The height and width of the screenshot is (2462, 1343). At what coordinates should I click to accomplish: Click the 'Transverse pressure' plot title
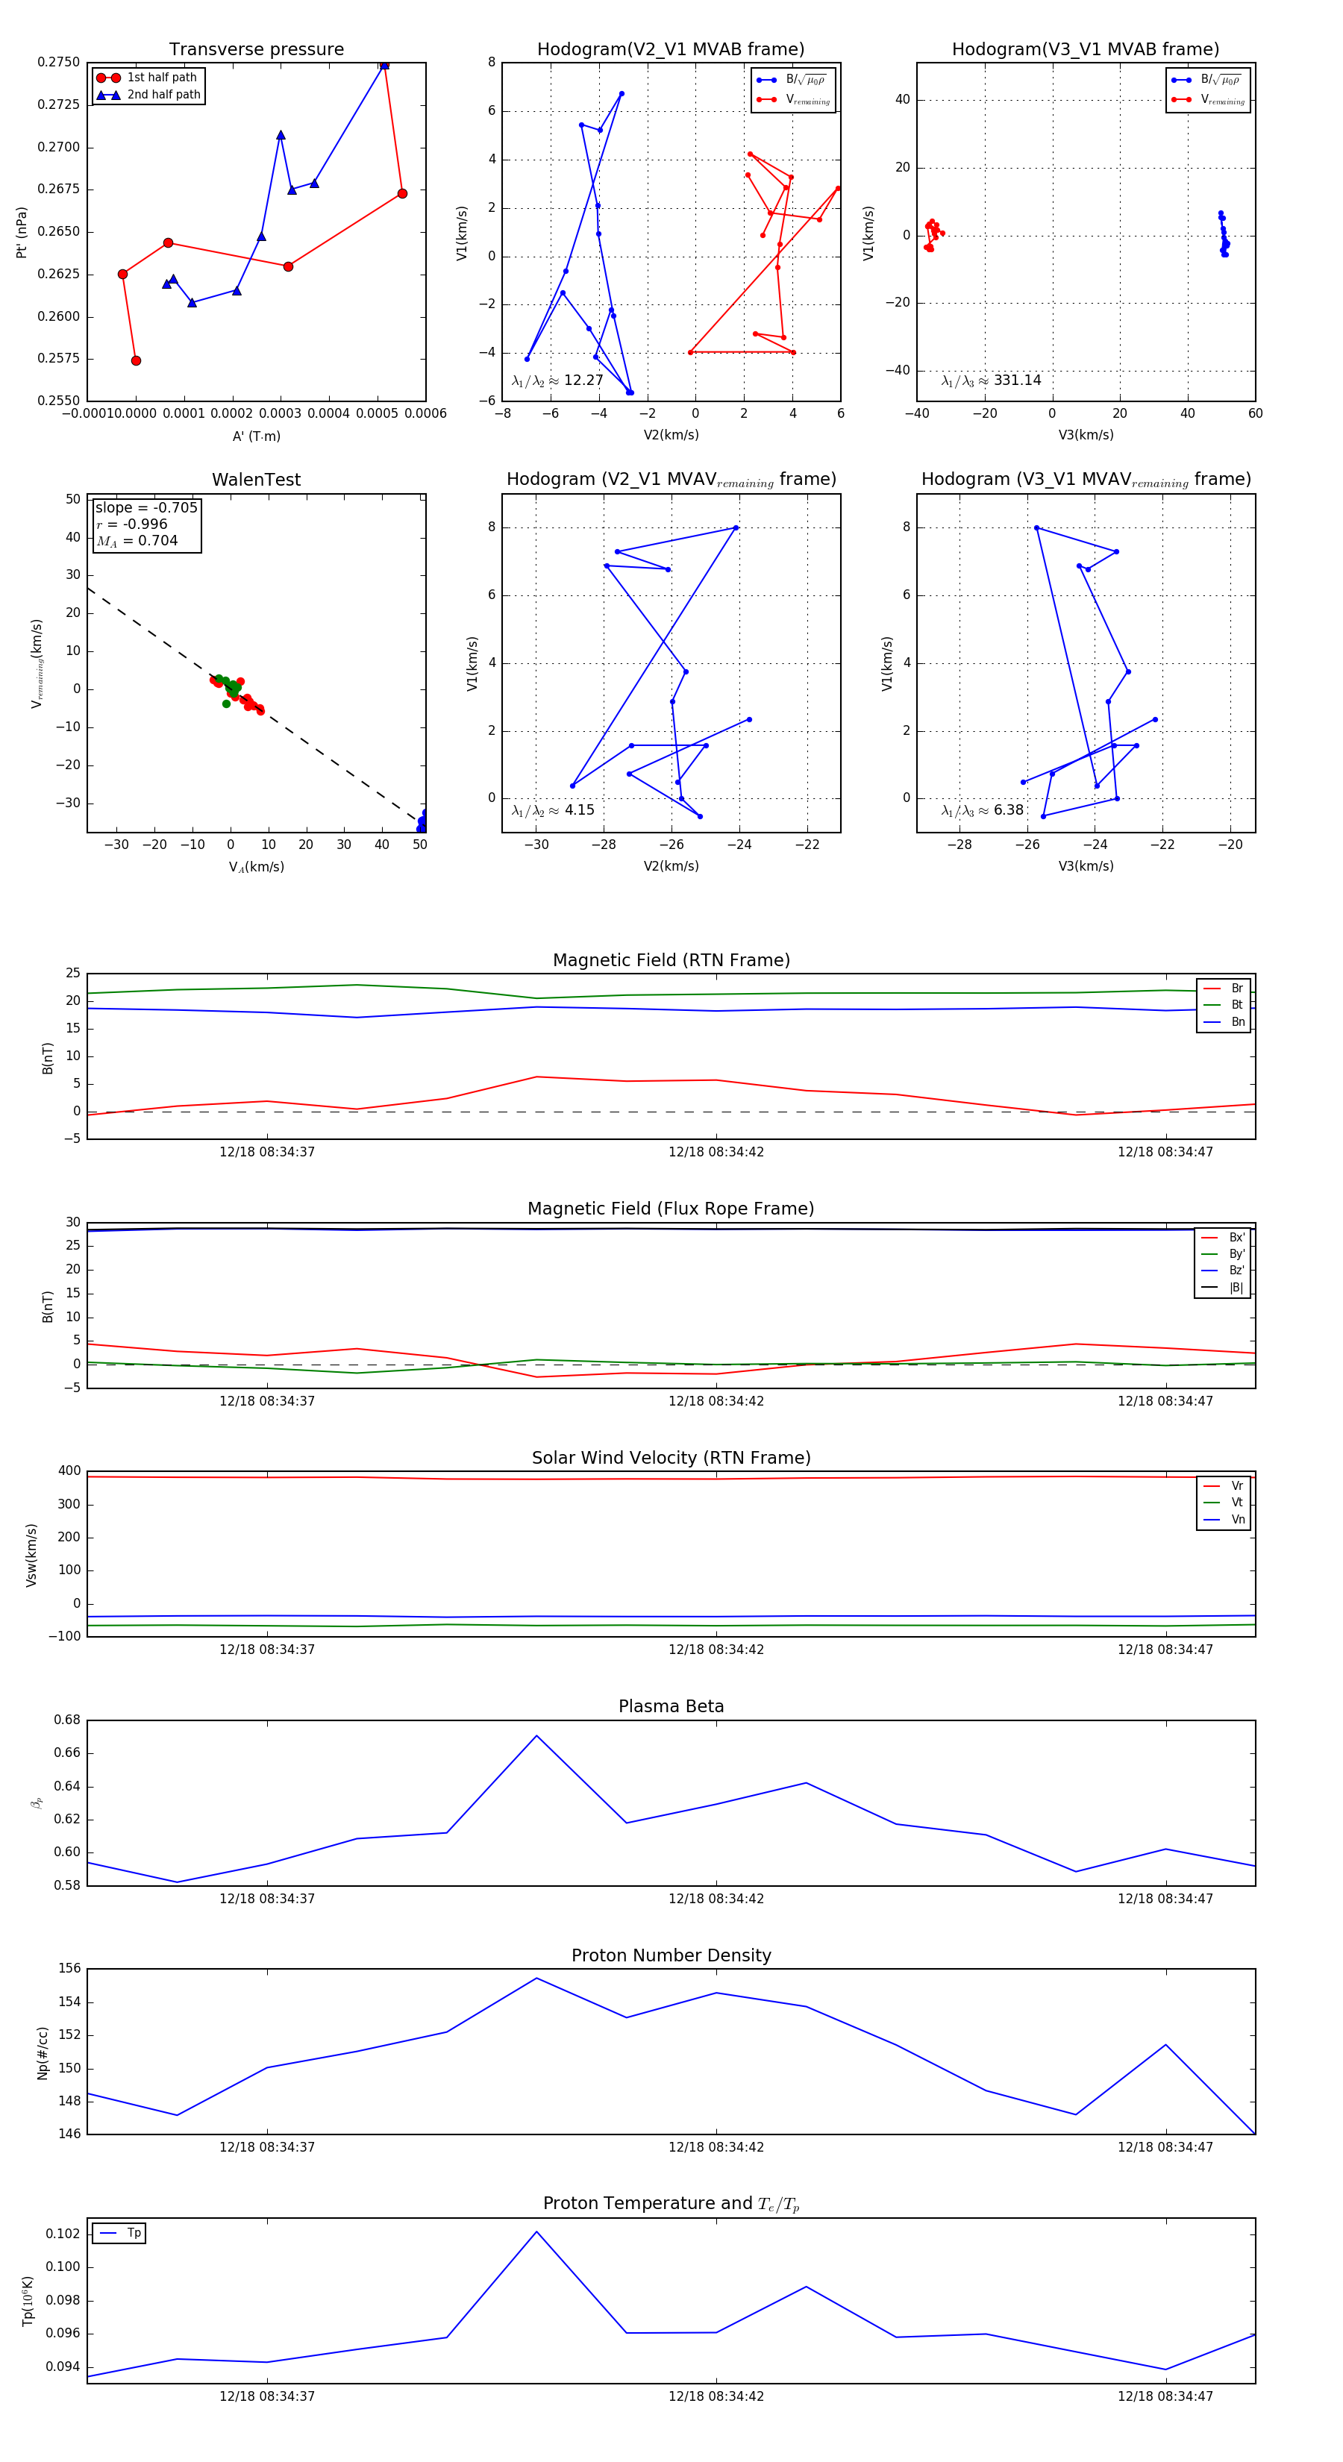[256, 50]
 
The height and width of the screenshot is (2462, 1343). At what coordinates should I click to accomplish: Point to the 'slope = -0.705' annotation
[146, 507]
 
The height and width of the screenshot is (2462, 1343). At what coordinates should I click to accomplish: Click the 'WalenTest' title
[256, 480]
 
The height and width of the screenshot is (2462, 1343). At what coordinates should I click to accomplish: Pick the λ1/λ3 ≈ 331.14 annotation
[992, 380]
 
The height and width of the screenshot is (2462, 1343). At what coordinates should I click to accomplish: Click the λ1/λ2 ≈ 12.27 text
[557, 380]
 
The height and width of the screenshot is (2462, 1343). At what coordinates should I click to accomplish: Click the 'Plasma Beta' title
[671, 1707]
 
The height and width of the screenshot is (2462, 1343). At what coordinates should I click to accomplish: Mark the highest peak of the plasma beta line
[536, 1735]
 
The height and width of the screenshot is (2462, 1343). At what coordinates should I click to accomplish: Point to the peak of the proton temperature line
[536, 2231]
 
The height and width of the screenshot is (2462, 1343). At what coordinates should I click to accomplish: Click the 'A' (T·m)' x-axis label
[256, 436]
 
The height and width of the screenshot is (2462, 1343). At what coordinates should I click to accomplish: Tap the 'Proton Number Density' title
[671, 1955]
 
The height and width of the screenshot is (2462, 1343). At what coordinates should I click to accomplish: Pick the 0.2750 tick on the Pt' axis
[58, 62]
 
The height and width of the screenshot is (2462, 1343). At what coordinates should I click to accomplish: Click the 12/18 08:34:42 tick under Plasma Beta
[716, 1898]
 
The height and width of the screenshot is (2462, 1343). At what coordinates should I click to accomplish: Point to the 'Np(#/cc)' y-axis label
[42, 2052]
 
